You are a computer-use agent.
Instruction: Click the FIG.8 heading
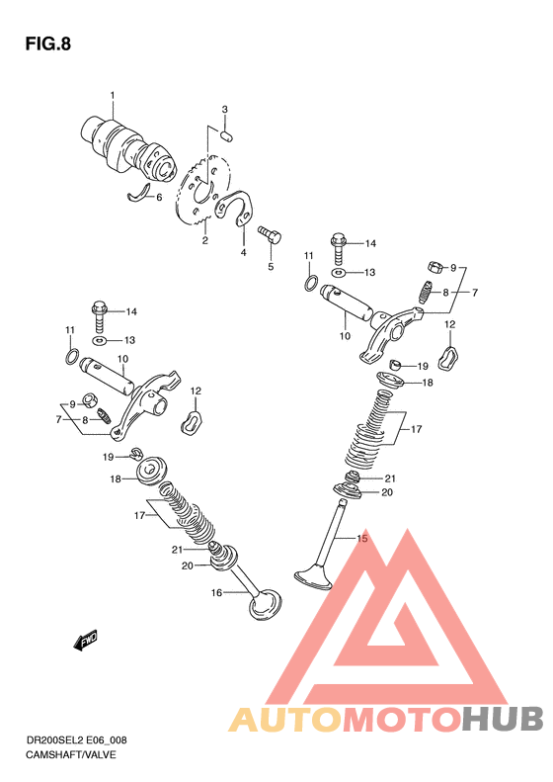47,43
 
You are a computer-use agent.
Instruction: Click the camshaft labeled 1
128,147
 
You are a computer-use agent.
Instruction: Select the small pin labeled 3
228,134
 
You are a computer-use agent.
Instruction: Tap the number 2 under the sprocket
204,241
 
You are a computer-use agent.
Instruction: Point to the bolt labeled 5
270,234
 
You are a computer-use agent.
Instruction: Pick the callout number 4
244,252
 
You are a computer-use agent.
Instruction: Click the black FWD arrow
85,641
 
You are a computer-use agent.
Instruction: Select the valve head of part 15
314,577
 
